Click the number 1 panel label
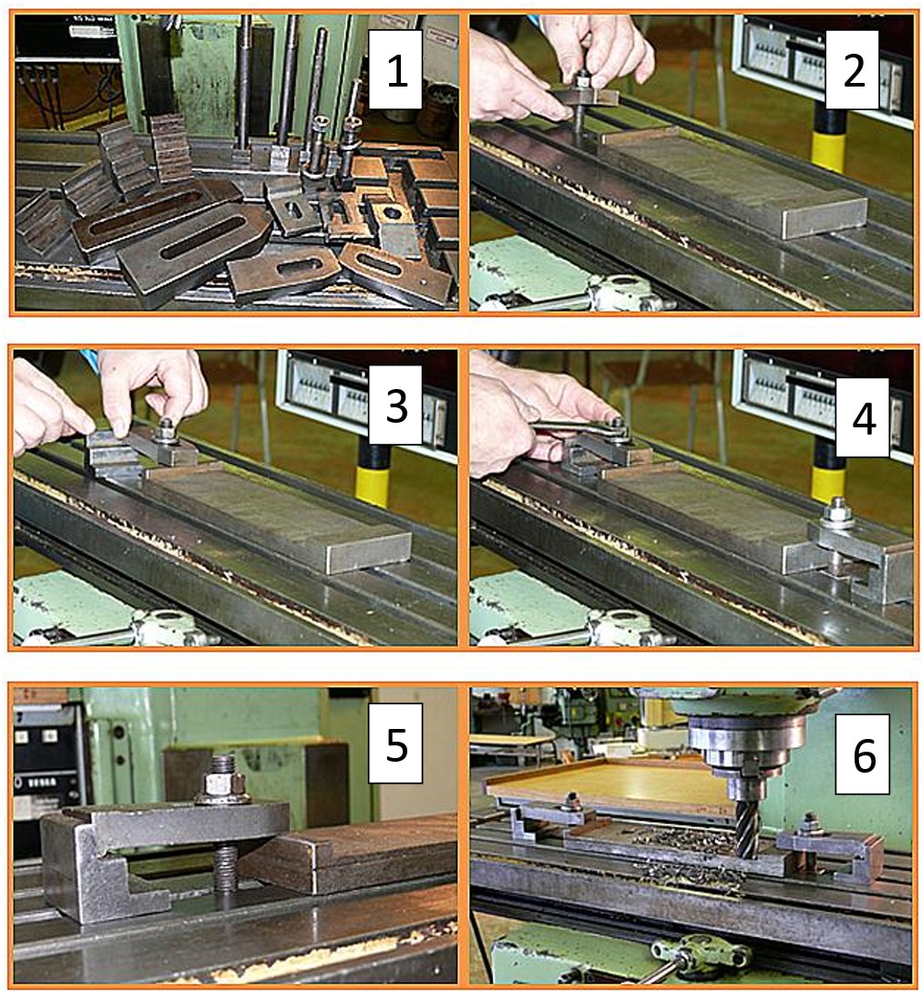click(x=396, y=70)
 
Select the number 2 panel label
click(x=853, y=70)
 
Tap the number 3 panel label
click(x=396, y=405)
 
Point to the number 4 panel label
click(x=863, y=417)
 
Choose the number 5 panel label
click(x=396, y=744)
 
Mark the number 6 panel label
click(x=863, y=754)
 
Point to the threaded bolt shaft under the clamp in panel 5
click(x=225, y=868)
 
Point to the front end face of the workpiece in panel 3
click(x=369, y=552)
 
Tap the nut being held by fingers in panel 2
click(x=582, y=80)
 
